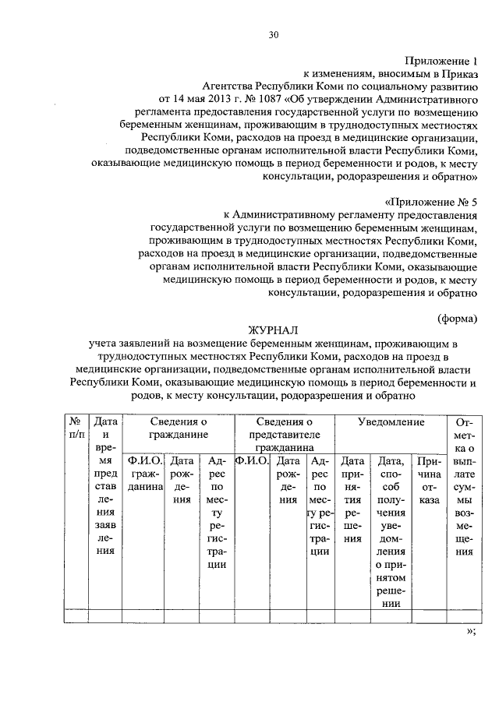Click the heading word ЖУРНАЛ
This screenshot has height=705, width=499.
[274, 330]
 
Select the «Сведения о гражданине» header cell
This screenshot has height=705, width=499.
[179, 428]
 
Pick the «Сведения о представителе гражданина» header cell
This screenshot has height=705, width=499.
[284, 435]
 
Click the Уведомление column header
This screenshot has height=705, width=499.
[391, 422]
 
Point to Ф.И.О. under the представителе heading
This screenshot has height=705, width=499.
[251, 460]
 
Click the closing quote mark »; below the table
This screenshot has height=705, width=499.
[470, 633]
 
